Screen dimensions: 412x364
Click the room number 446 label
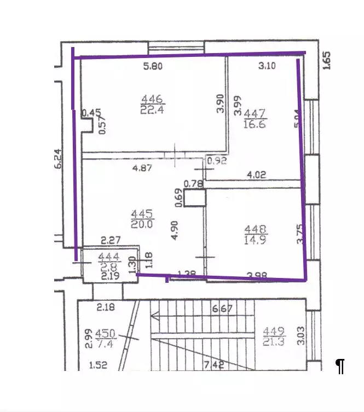tap(151, 99)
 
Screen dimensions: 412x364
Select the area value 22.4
tap(151, 109)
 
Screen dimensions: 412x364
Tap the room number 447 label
tap(255, 114)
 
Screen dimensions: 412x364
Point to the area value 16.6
tap(255, 124)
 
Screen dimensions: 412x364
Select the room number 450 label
tap(105, 333)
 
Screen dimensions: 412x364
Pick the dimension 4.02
tap(257, 176)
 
